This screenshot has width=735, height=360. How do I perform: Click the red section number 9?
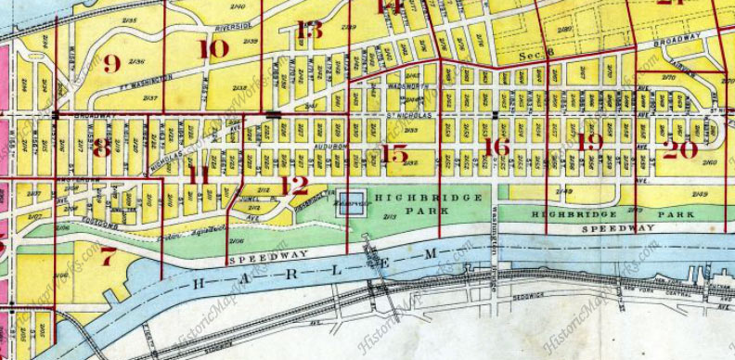112,64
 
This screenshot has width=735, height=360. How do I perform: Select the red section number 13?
309,31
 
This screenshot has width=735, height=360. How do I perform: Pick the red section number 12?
293,186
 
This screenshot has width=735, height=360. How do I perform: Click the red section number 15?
394,154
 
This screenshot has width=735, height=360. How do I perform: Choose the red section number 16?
497,147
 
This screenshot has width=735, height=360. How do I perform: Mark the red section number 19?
589,142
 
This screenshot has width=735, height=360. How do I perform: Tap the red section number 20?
680,148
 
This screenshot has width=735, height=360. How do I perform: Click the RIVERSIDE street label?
233,28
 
